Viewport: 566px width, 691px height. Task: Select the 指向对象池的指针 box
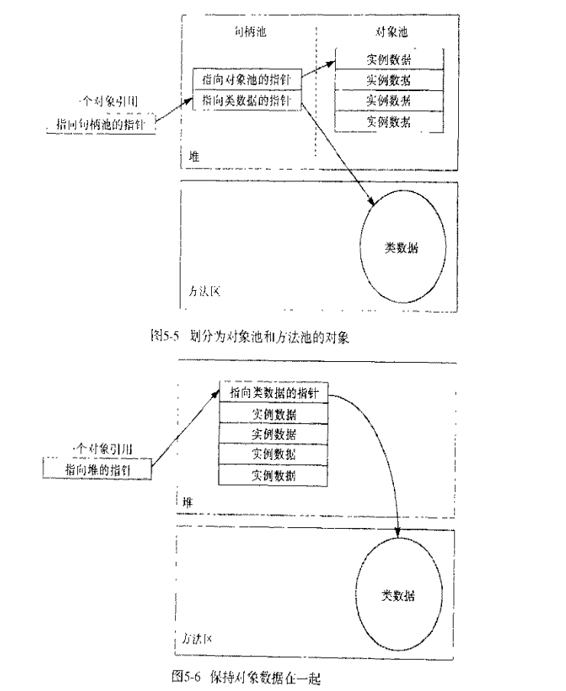click(x=247, y=80)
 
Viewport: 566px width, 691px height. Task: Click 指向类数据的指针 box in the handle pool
click(x=247, y=100)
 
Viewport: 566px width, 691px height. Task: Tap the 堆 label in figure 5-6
click(x=187, y=502)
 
